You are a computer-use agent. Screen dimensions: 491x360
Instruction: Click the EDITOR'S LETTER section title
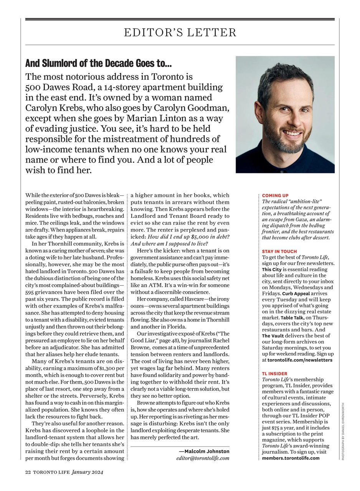(x=180, y=33)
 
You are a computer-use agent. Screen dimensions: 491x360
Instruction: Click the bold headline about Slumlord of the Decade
(x=99, y=63)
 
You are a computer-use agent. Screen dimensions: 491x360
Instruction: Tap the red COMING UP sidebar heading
(x=275, y=196)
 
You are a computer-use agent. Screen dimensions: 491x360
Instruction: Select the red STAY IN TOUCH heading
(x=279, y=252)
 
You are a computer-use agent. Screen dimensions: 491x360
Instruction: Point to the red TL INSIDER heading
(x=274, y=374)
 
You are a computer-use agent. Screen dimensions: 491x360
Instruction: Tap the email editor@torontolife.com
(x=203, y=458)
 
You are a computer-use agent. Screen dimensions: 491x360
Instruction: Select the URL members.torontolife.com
(x=291, y=458)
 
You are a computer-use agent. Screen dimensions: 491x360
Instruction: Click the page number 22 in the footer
(x=28, y=473)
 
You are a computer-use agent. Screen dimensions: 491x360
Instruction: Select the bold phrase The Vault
(x=273, y=336)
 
